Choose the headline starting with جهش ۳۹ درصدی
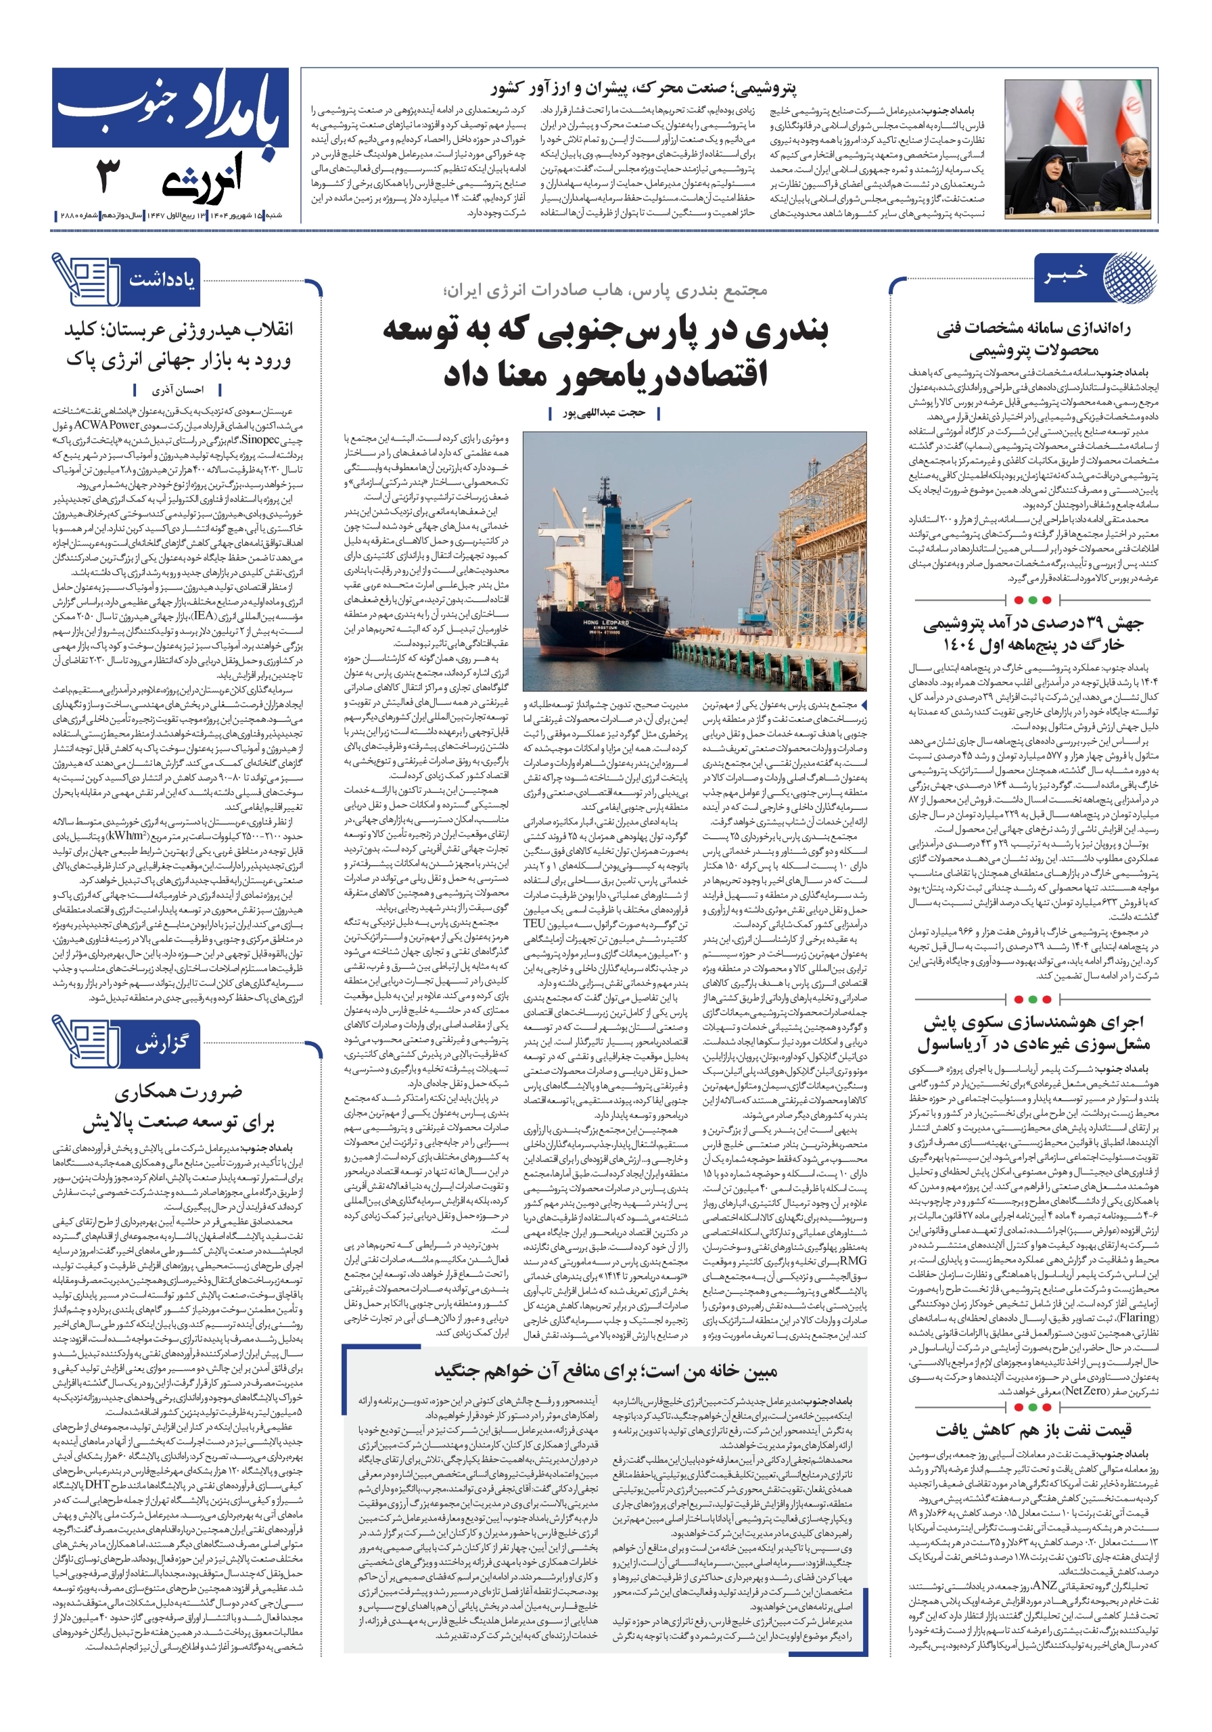(1033, 632)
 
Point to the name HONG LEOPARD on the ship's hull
(595, 622)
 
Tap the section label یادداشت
(161, 279)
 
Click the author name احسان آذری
(178, 390)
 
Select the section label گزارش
(161, 1044)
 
